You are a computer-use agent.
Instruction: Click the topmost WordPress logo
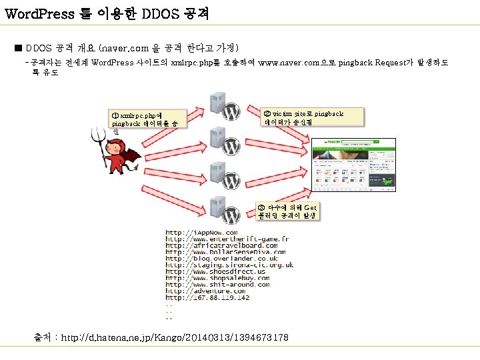click(231, 112)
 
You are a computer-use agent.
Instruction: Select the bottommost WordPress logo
click(231, 206)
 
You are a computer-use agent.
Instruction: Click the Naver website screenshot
click(351, 164)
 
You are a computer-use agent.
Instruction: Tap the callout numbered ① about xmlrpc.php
click(148, 120)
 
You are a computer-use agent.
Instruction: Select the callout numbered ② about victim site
click(313, 117)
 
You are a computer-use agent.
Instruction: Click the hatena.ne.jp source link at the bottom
click(175, 338)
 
